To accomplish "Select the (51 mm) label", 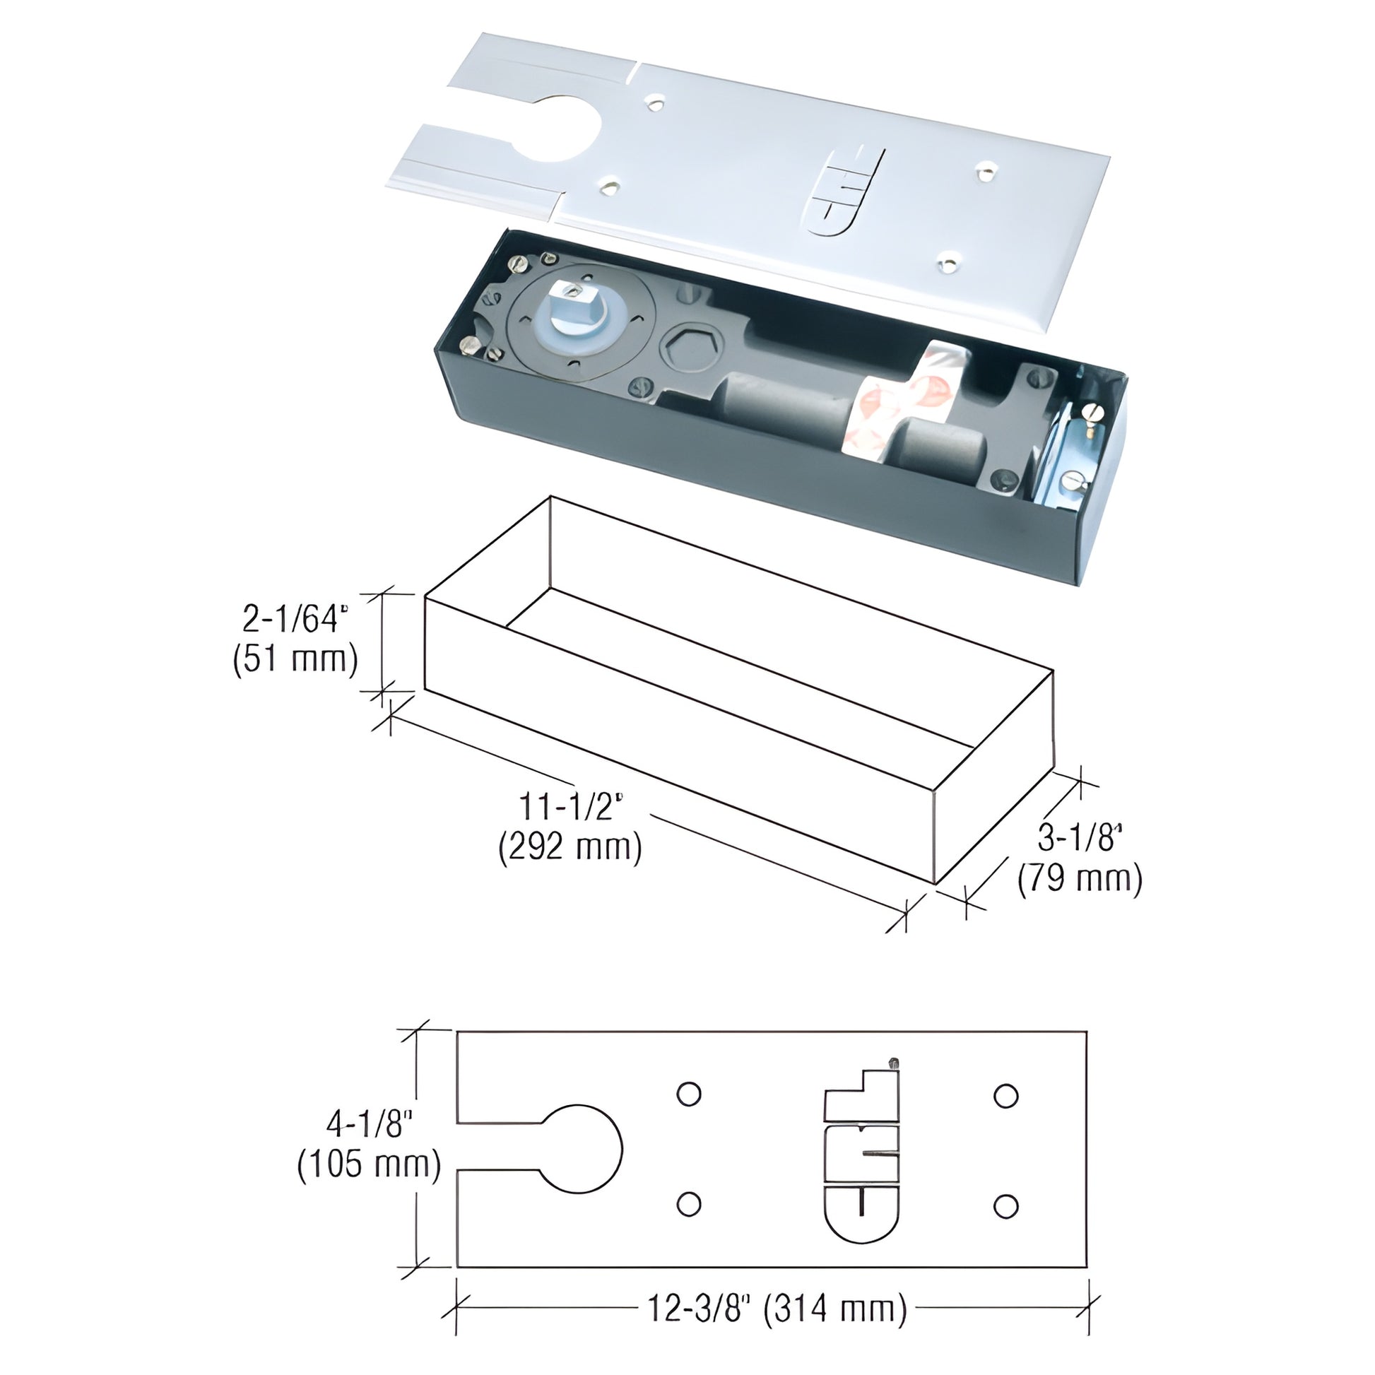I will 295,660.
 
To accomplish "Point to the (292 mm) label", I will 570,846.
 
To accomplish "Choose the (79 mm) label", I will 1080,879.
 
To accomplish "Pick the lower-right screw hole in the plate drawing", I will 1005,1205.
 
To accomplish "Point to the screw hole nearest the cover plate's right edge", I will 985,169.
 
